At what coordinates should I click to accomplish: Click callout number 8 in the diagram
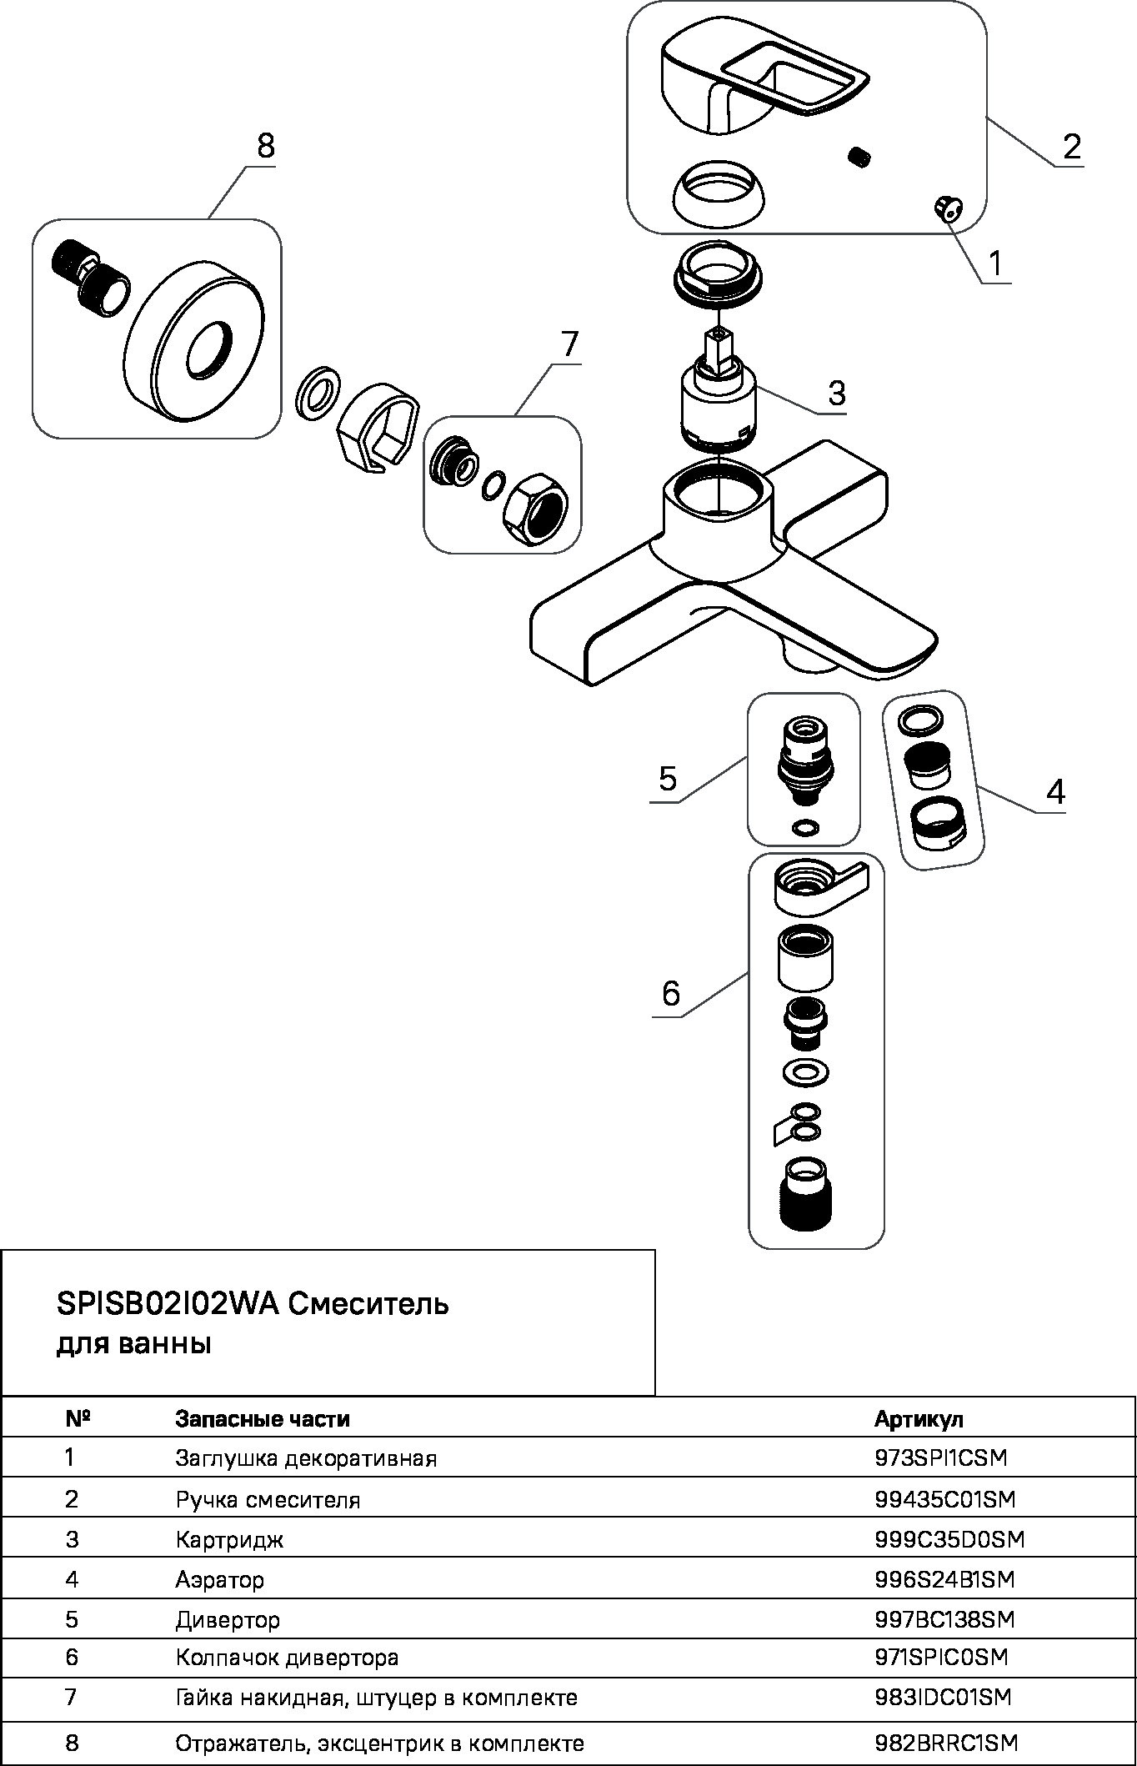pyautogui.click(x=265, y=146)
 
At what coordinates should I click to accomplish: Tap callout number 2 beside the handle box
pyautogui.click(x=1071, y=146)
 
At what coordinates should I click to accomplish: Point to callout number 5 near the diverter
pyautogui.click(x=667, y=779)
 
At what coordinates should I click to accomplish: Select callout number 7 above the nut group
pyautogui.click(x=568, y=344)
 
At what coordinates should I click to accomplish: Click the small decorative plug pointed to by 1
pyautogui.click(x=947, y=207)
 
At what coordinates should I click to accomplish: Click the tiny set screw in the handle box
pyautogui.click(x=859, y=156)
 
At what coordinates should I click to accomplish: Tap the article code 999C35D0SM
pyautogui.click(x=949, y=1539)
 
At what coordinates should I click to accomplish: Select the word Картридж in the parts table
pyautogui.click(x=229, y=1539)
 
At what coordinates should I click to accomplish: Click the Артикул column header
pyautogui.click(x=919, y=1418)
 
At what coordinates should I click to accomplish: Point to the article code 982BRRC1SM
pyautogui.click(x=946, y=1743)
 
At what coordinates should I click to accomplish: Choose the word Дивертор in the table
pyautogui.click(x=228, y=1620)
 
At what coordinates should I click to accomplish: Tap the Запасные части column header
pyautogui.click(x=263, y=1418)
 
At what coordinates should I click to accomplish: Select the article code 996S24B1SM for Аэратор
pyautogui.click(x=945, y=1579)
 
